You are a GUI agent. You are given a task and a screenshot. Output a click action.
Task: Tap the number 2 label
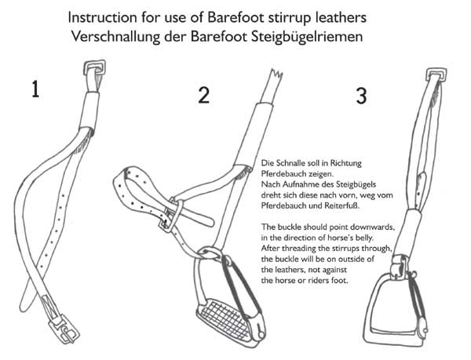[203, 96]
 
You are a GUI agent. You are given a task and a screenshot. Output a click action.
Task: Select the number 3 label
[360, 96]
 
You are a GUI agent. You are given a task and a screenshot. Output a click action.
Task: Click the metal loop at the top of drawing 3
[435, 76]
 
